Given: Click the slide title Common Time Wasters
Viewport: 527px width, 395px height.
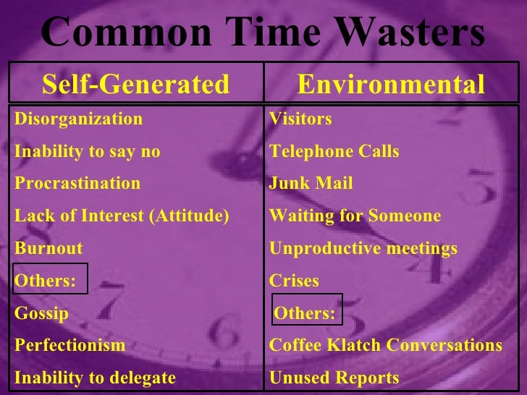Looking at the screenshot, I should point(263,33).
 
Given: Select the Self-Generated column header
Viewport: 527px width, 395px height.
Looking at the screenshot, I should point(135,85).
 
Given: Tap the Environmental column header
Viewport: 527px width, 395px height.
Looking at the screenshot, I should point(391,85).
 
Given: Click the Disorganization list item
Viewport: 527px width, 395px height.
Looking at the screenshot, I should point(79,119).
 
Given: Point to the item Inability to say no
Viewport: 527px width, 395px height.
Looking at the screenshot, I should point(88,152).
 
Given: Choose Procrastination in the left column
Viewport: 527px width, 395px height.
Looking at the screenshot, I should point(77,184).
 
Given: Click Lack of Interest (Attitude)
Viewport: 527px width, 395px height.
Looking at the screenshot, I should point(122,216).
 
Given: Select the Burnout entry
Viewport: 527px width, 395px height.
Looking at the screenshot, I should point(49,249).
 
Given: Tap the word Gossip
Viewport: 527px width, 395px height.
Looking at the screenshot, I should point(41,314).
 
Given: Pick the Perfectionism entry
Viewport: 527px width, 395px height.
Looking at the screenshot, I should point(69,346).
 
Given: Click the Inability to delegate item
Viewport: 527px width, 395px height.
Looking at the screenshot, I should point(95,378).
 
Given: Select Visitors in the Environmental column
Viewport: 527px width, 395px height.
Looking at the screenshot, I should point(300,119).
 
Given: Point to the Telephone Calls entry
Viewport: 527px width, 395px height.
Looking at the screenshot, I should point(334,152).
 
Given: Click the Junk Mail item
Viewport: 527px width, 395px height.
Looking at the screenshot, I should point(311,184).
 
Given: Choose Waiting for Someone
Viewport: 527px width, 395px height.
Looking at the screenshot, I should point(355,216).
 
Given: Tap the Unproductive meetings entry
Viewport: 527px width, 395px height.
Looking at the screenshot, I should point(363,249).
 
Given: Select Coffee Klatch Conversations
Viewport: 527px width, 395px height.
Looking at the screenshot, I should point(386,346).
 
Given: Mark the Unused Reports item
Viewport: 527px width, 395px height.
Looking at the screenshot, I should point(334,378).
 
